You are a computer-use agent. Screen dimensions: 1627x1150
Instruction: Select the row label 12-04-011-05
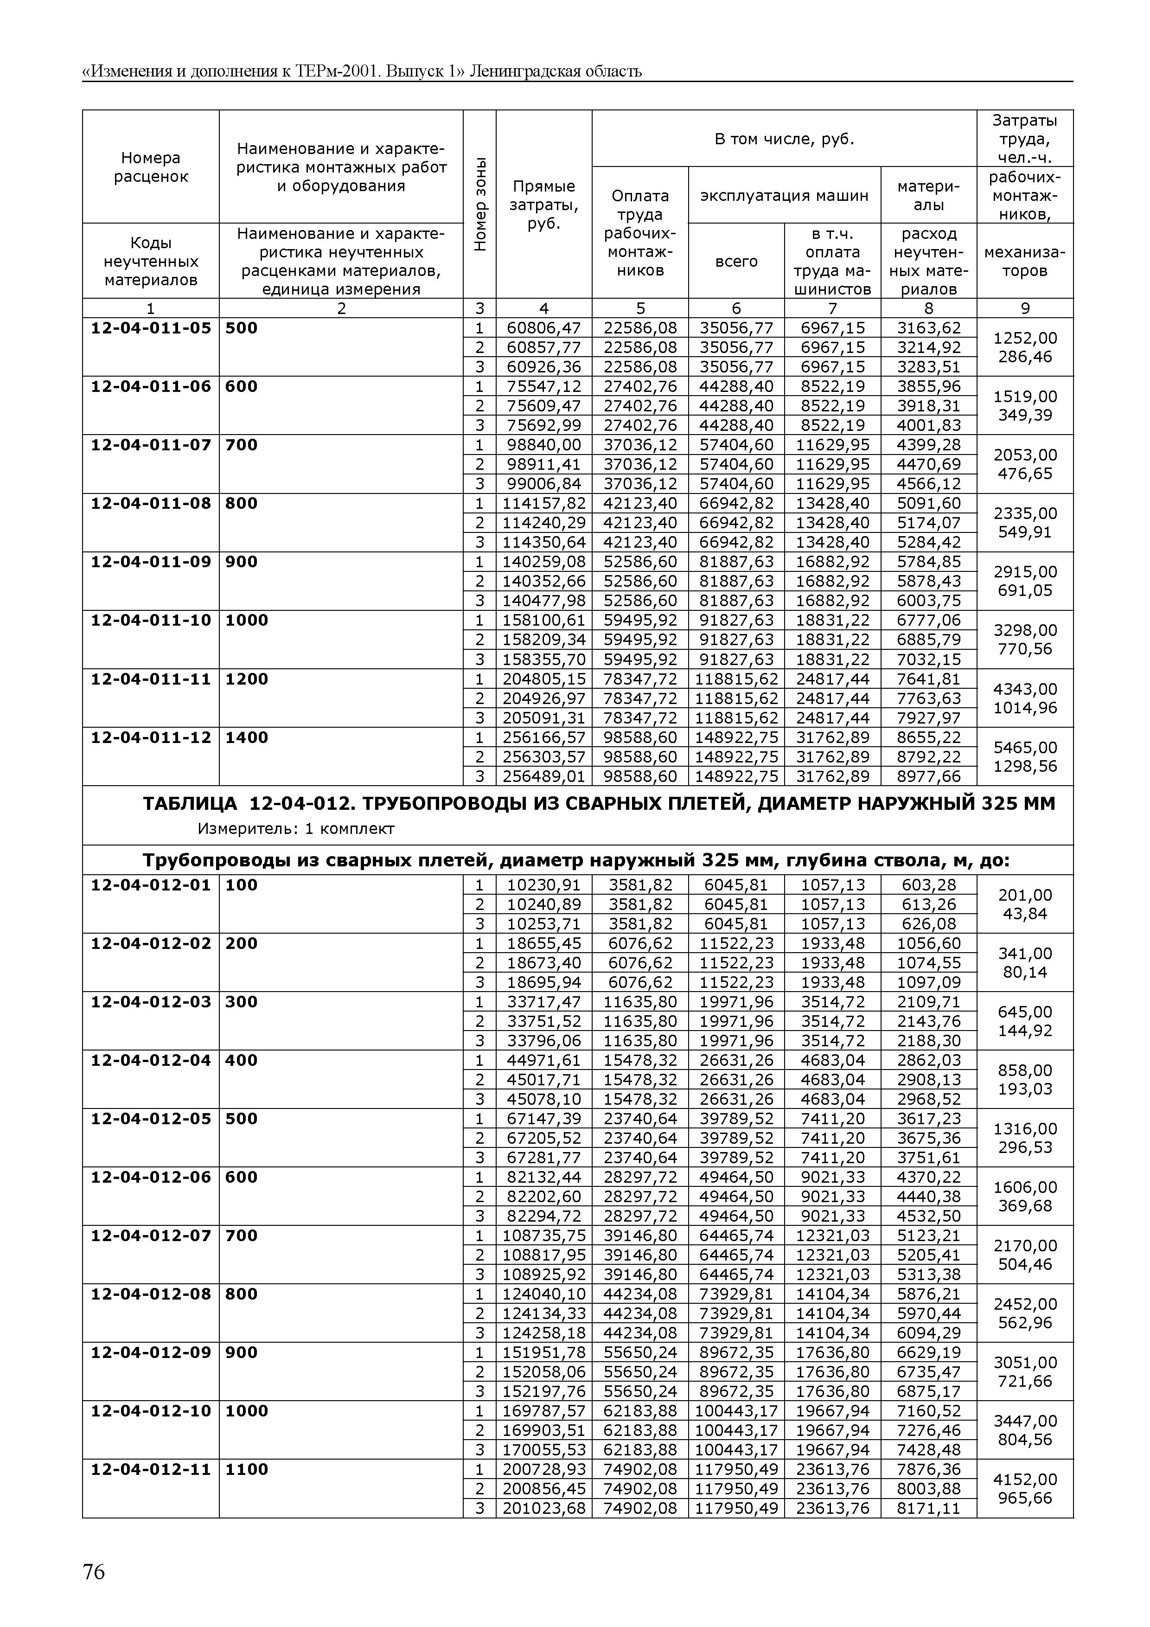151,328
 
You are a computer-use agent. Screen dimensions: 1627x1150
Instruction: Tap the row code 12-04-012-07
151,1236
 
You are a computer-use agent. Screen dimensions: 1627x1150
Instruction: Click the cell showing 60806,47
543,328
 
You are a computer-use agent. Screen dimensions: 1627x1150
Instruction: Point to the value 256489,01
543,777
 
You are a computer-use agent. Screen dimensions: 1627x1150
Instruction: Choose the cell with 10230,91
543,885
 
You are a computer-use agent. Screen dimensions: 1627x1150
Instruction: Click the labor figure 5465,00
1025,748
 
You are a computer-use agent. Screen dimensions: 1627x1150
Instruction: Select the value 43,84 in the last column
1025,914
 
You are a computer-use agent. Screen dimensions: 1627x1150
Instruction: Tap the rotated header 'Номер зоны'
479,204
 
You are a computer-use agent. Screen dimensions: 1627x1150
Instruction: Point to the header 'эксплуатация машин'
785,196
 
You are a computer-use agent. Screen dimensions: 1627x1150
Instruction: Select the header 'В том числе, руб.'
785,139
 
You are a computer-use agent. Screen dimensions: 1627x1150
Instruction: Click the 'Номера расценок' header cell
151,167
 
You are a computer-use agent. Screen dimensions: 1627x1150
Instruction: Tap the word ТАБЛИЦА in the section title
190,804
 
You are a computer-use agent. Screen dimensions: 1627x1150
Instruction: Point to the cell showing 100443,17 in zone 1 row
736,1411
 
